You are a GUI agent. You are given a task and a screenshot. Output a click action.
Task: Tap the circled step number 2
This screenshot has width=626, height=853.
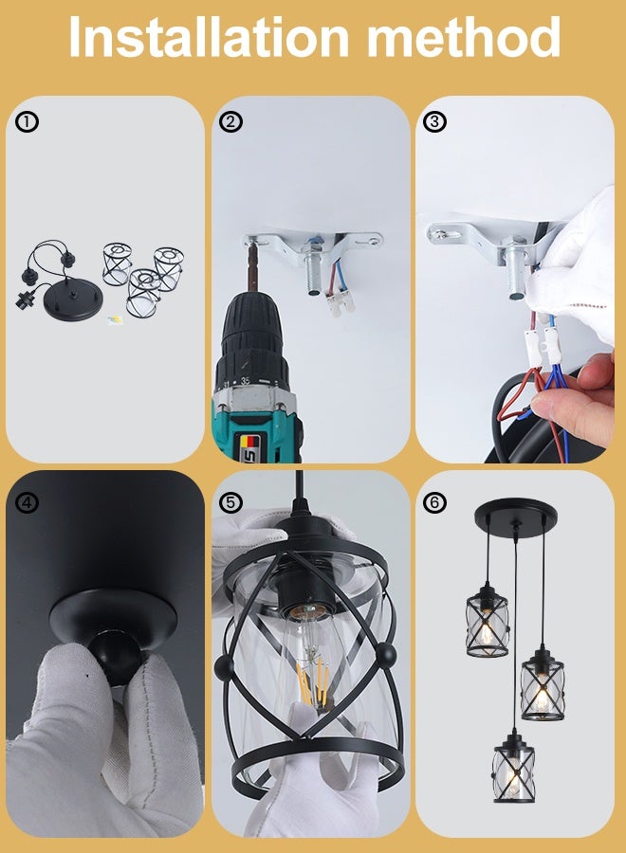231,121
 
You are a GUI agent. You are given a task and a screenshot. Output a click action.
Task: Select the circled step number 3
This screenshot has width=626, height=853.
435,121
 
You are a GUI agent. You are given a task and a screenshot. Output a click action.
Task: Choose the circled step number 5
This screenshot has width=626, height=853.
231,502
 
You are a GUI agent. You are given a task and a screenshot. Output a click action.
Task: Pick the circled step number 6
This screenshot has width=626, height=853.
435,502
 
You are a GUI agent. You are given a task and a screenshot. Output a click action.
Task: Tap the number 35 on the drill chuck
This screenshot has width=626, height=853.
247,380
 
